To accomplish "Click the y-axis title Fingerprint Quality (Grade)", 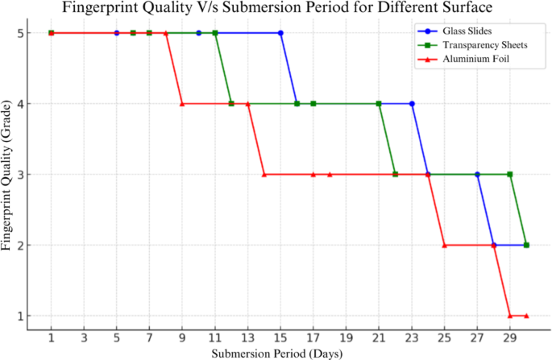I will coord(8,175).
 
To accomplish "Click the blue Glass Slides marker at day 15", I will coord(280,33).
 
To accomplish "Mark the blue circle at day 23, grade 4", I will coord(412,104).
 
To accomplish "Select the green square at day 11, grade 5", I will coord(215,33).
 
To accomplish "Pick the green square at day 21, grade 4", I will coord(379,104).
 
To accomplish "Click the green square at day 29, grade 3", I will coord(510,174).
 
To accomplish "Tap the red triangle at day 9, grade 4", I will coord(182,104).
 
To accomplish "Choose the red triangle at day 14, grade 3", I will coord(264,174).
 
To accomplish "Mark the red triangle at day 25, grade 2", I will coord(444,245).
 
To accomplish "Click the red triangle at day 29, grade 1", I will coord(510,316).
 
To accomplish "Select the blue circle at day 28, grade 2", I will coord(493,245).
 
